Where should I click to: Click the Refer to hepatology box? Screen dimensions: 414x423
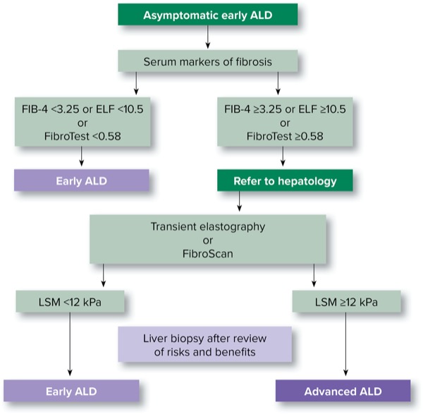(x=285, y=181)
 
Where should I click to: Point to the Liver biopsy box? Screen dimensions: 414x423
(x=204, y=344)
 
